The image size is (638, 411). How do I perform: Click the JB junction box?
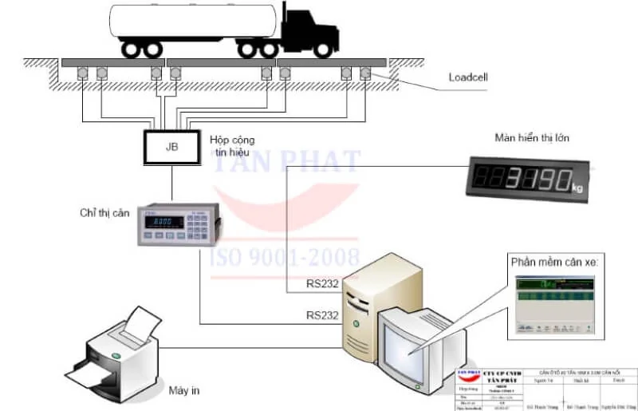click(171, 147)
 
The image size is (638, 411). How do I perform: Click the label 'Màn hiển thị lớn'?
click(531, 138)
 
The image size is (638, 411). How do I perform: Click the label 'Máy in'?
click(183, 391)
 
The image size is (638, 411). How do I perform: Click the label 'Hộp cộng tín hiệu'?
click(232, 145)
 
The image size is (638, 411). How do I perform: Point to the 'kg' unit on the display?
click(577, 187)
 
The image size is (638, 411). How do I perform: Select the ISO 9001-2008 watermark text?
click(283, 257)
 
